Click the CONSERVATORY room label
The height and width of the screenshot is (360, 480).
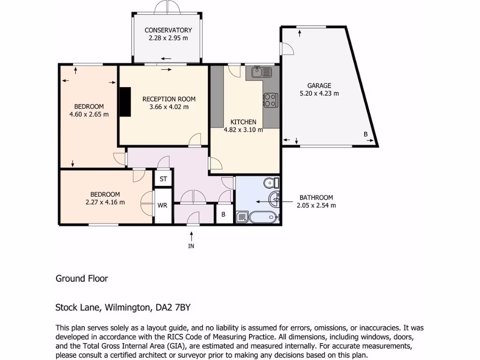[x=168, y=30]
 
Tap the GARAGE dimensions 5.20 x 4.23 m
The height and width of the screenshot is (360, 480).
[x=319, y=93]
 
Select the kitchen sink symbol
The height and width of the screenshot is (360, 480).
[x=262, y=72]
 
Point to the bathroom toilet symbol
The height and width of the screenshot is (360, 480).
[x=271, y=182]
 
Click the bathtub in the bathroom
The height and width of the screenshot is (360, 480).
[x=264, y=217]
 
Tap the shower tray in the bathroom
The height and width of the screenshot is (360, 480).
[x=243, y=217]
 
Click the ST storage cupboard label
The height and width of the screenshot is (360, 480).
[x=163, y=179]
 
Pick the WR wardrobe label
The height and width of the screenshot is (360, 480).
[x=163, y=205]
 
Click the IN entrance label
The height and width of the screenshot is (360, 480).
[x=191, y=246]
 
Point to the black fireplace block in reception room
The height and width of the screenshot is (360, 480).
[x=125, y=102]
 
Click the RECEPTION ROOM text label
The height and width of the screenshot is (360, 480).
[x=169, y=99]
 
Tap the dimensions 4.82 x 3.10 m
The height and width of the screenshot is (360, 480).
[x=243, y=130]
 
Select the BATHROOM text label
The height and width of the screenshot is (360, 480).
[x=316, y=197]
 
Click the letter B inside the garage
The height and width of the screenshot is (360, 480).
[x=366, y=135]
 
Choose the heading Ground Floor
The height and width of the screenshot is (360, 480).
[x=82, y=278]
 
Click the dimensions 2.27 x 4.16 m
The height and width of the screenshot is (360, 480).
[x=105, y=202]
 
